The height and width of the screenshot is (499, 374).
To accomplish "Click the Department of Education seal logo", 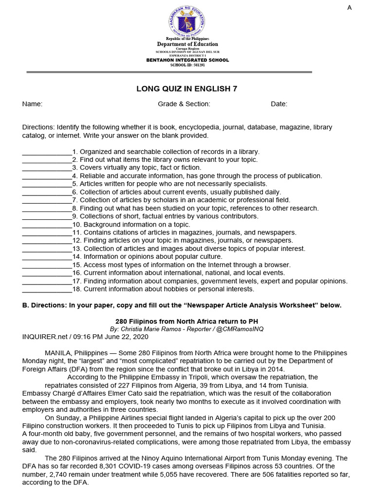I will pyautogui.click(x=187, y=21).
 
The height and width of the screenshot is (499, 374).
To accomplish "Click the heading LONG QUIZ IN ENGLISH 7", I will pyautogui.click(x=187, y=88).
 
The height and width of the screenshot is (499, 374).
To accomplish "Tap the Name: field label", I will pyautogui.click(x=32, y=104).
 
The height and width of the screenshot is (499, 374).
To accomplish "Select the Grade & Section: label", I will pyautogui.click(x=184, y=104).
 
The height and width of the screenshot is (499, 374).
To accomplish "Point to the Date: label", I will pyautogui.click(x=279, y=104).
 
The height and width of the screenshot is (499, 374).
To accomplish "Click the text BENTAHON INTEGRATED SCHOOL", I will pyautogui.click(x=187, y=60).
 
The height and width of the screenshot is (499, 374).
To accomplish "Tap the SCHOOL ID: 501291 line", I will pyautogui.click(x=187, y=65).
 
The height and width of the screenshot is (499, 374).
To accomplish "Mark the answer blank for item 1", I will pyautogui.click(x=47, y=152).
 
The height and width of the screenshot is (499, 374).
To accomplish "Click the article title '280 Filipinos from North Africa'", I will pyautogui.click(x=187, y=321).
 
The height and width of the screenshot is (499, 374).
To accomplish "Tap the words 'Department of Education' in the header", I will pyautogui.click(x=187, y=44).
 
